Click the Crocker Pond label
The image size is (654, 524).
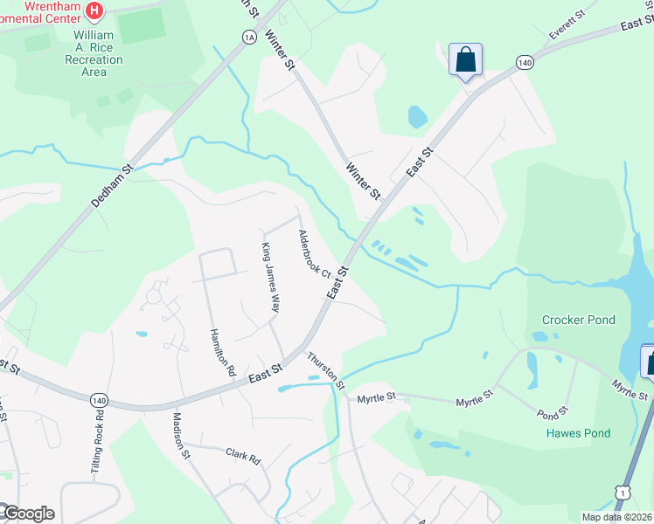tap(578, 320)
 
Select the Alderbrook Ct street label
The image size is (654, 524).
tap(313, 254)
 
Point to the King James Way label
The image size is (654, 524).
tap(270, 279)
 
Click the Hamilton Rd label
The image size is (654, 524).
tap(223, 352)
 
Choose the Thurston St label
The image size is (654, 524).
tap(324, 369)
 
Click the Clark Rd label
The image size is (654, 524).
tap(243, 456)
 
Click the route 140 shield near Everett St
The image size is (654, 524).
tap(525, 62)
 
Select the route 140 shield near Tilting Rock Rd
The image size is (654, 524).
tap(97, 399)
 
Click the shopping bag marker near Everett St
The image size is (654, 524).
tap(465, 60)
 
